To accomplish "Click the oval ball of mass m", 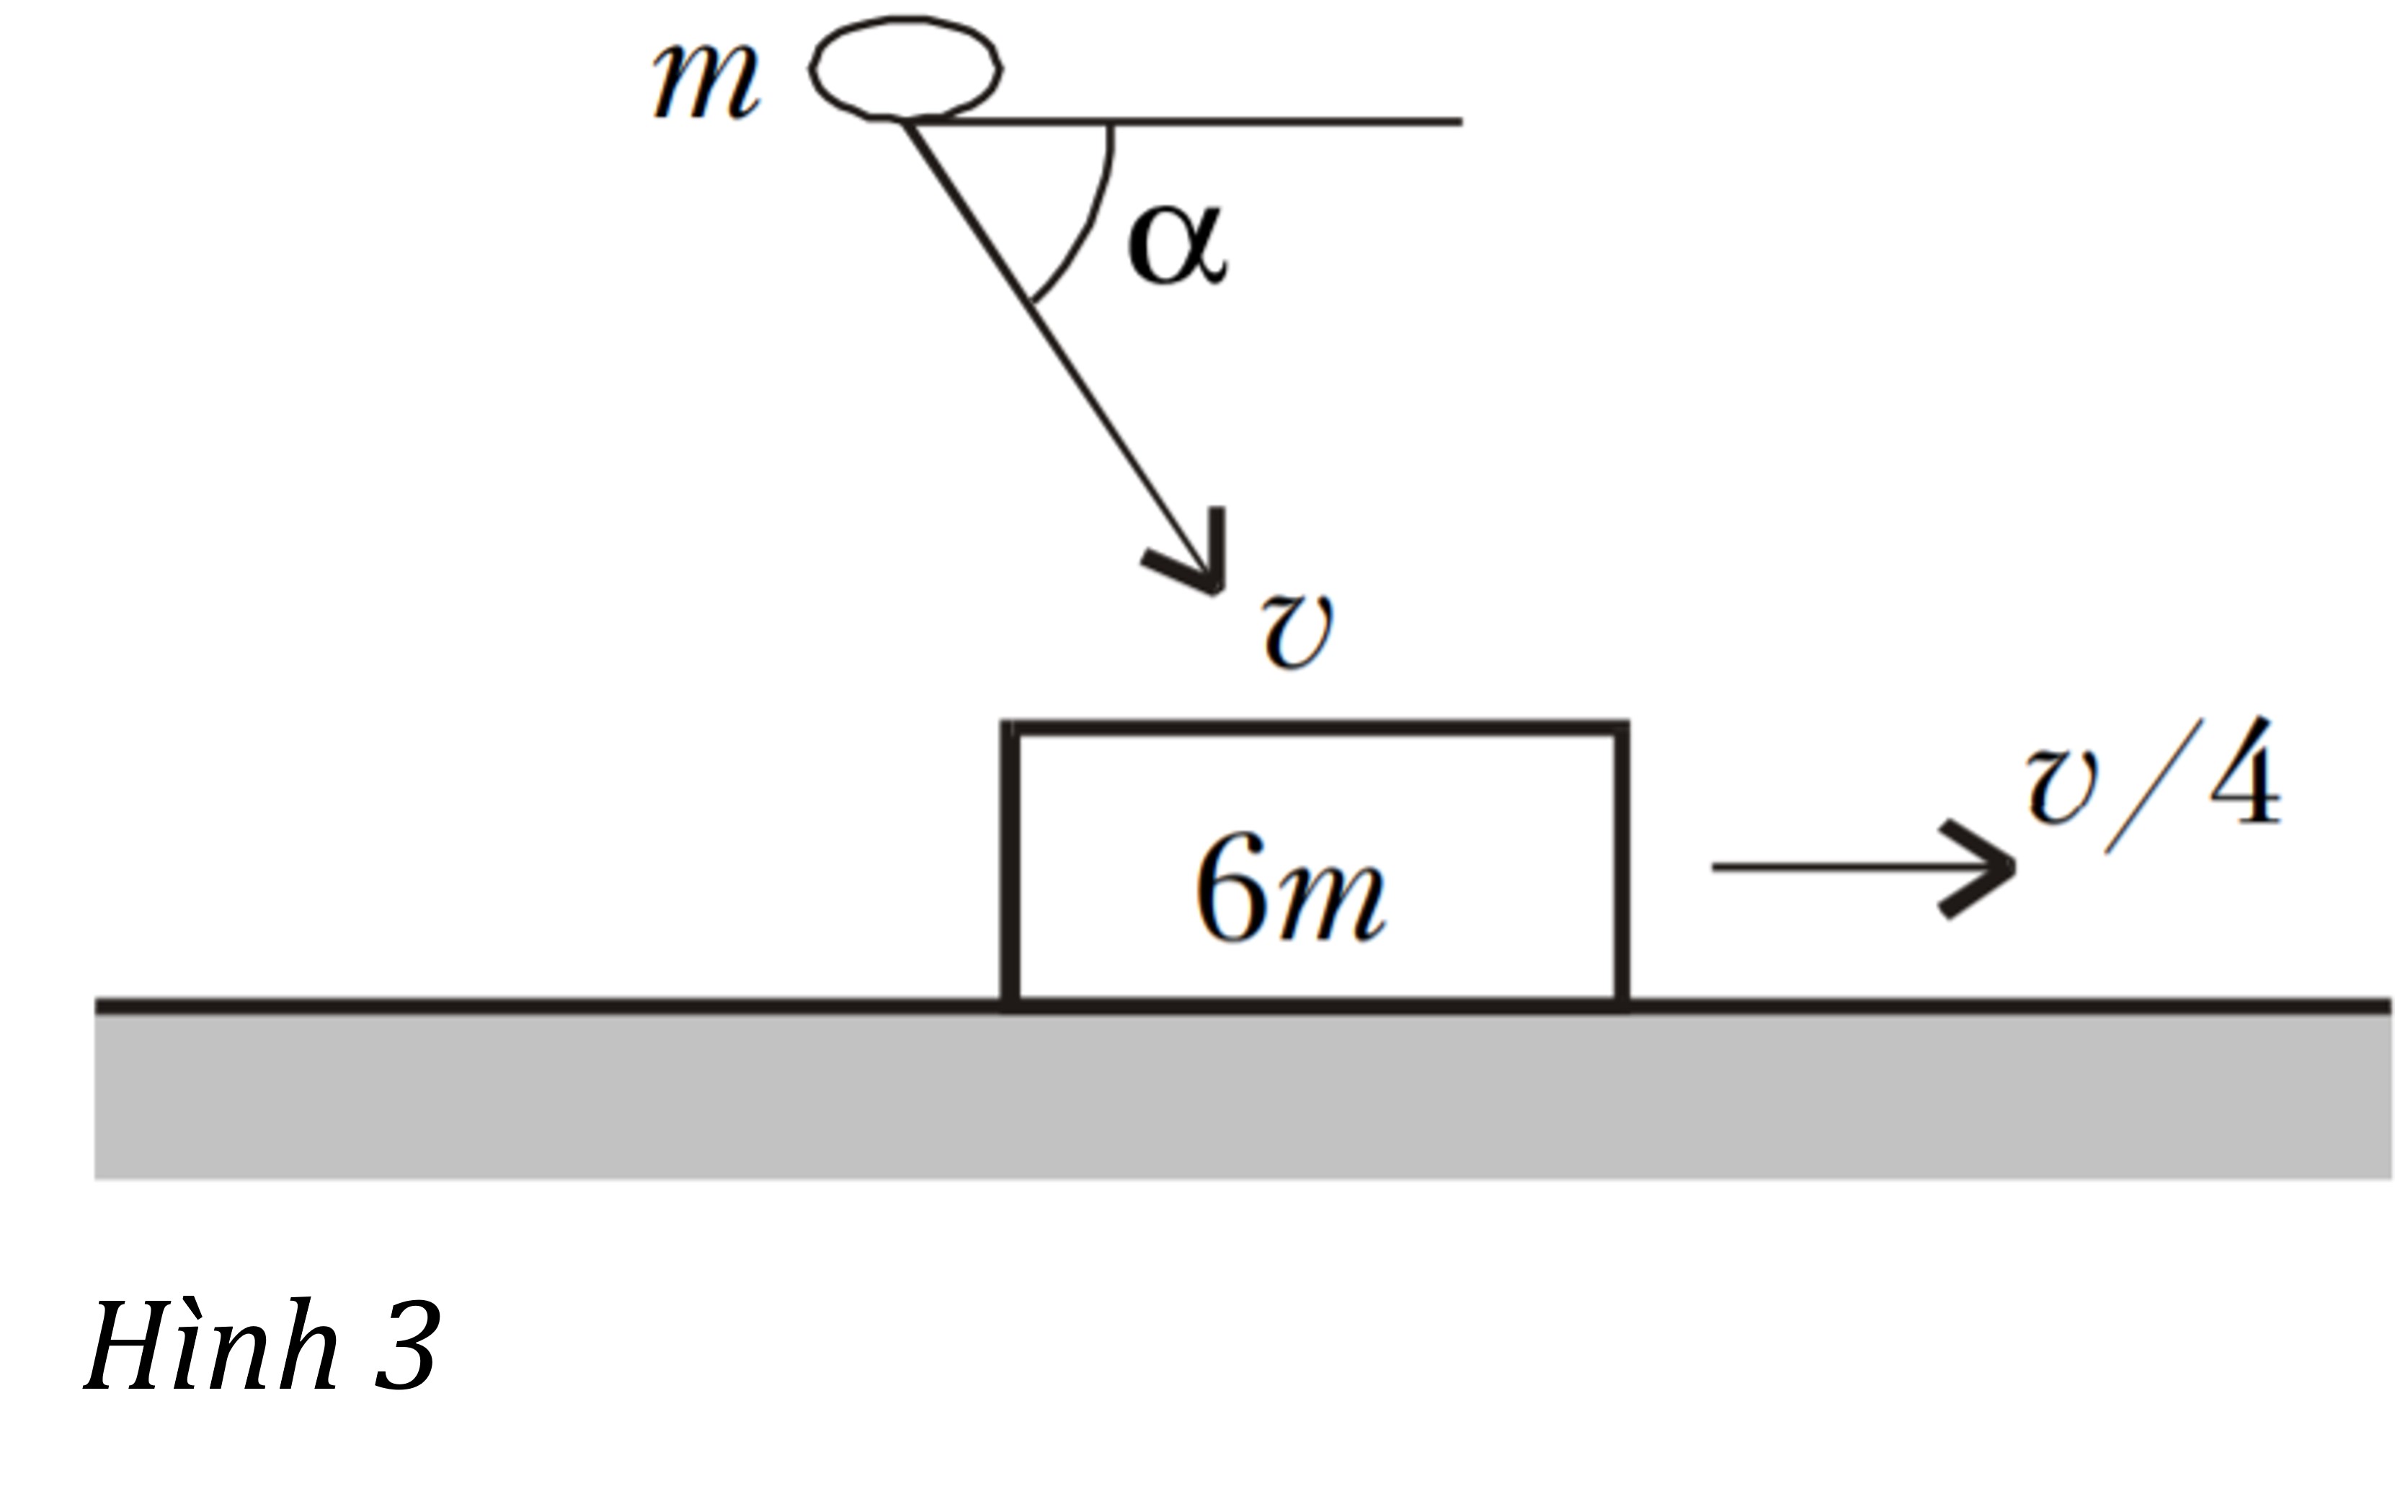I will point(905,68).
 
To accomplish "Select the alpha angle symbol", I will point(1177,244).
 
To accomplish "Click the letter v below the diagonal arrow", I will point(1297,631).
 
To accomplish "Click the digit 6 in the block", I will point(1230,886).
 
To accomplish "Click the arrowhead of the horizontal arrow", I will point(1993,868).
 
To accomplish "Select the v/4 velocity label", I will point(2151,783).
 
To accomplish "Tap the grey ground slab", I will point(1239,1095).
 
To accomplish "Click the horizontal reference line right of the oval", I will point(1239,122).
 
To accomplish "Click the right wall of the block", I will point(1622,868).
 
